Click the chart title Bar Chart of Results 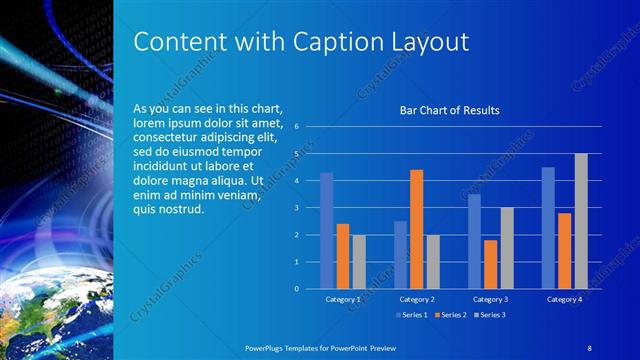[x=449, y=110]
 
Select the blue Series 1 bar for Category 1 [x=326, y=230]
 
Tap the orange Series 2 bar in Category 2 [x=416, y=229]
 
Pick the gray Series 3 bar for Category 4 [x=581, y=221]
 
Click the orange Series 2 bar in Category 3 [x=490, y=264]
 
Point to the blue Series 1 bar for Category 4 [x=548, y=227]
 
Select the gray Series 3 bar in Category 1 [x=359, y=261]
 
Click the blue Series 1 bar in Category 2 [x=400, y=254]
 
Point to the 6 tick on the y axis [x=296, y=127]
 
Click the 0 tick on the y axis [x=296, y=288]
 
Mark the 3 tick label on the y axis [x=296, y=208]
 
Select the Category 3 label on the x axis [x=490, y=299]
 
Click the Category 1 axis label [x=343, y=299]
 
